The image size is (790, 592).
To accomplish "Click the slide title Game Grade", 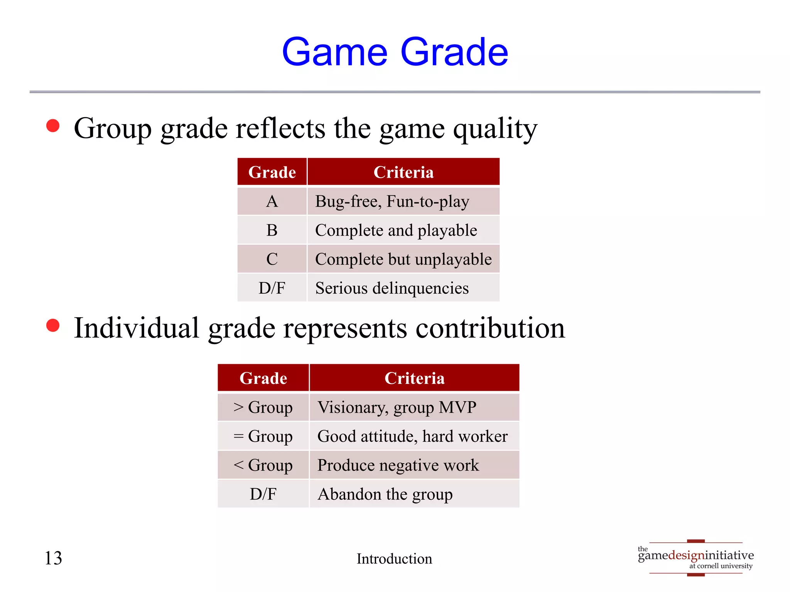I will [395, 52].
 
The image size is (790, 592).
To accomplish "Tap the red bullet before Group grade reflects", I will [53, 126].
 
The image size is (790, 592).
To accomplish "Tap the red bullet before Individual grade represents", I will [53, 325].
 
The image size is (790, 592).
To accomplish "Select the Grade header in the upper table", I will [272, 172].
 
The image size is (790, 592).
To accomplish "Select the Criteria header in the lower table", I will [414, 378].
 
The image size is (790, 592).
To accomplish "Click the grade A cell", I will [272, 201].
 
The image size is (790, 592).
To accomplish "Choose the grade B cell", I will [272, 230].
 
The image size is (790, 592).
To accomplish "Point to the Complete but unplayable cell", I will [403, 259].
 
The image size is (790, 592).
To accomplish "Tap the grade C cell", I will [272, 259].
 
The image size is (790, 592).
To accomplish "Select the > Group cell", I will [263, 407].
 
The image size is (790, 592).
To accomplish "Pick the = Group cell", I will [263, 436].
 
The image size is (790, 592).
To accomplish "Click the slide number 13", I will [53, 558].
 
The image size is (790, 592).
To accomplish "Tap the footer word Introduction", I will [394, 558].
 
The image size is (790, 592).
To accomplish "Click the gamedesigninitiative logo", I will [696, 557].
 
